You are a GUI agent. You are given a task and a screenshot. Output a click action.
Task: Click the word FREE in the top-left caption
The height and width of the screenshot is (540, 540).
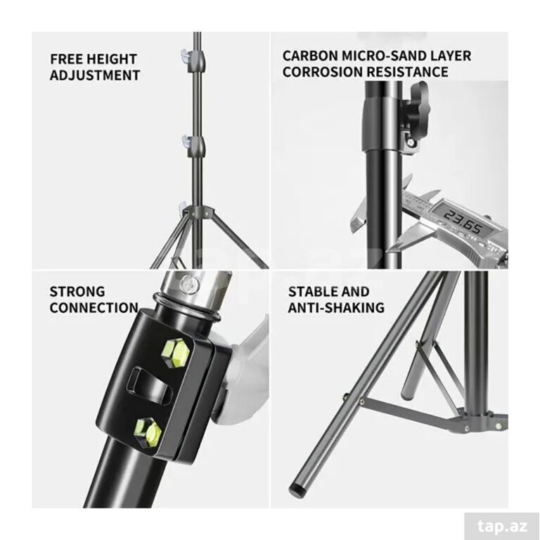point(65,59)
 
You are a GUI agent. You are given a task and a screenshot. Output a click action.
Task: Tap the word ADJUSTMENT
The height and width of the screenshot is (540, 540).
point(95,75)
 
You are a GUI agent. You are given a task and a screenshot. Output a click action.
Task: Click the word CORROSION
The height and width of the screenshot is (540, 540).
point(322,72)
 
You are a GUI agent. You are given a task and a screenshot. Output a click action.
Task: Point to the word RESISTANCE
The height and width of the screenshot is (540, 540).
point(407,72)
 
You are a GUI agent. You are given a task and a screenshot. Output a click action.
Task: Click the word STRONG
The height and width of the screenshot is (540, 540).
point(77,292)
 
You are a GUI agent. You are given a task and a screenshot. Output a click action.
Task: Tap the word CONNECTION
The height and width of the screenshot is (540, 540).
point(94,307)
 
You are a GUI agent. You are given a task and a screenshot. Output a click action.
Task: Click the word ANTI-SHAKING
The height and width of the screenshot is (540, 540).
point(336,307)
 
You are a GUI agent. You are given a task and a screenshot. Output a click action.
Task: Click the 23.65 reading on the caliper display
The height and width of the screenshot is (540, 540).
point(463,222)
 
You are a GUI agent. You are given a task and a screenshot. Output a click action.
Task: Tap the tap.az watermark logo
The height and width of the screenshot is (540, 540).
point(503,526)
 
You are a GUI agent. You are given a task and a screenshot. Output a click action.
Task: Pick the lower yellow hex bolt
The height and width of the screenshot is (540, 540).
point(148,432)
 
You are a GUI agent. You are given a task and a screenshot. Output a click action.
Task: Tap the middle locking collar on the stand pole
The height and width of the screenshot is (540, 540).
point(195,146)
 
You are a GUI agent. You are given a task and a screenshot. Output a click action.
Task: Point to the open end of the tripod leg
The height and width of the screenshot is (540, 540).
point(297,489)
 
